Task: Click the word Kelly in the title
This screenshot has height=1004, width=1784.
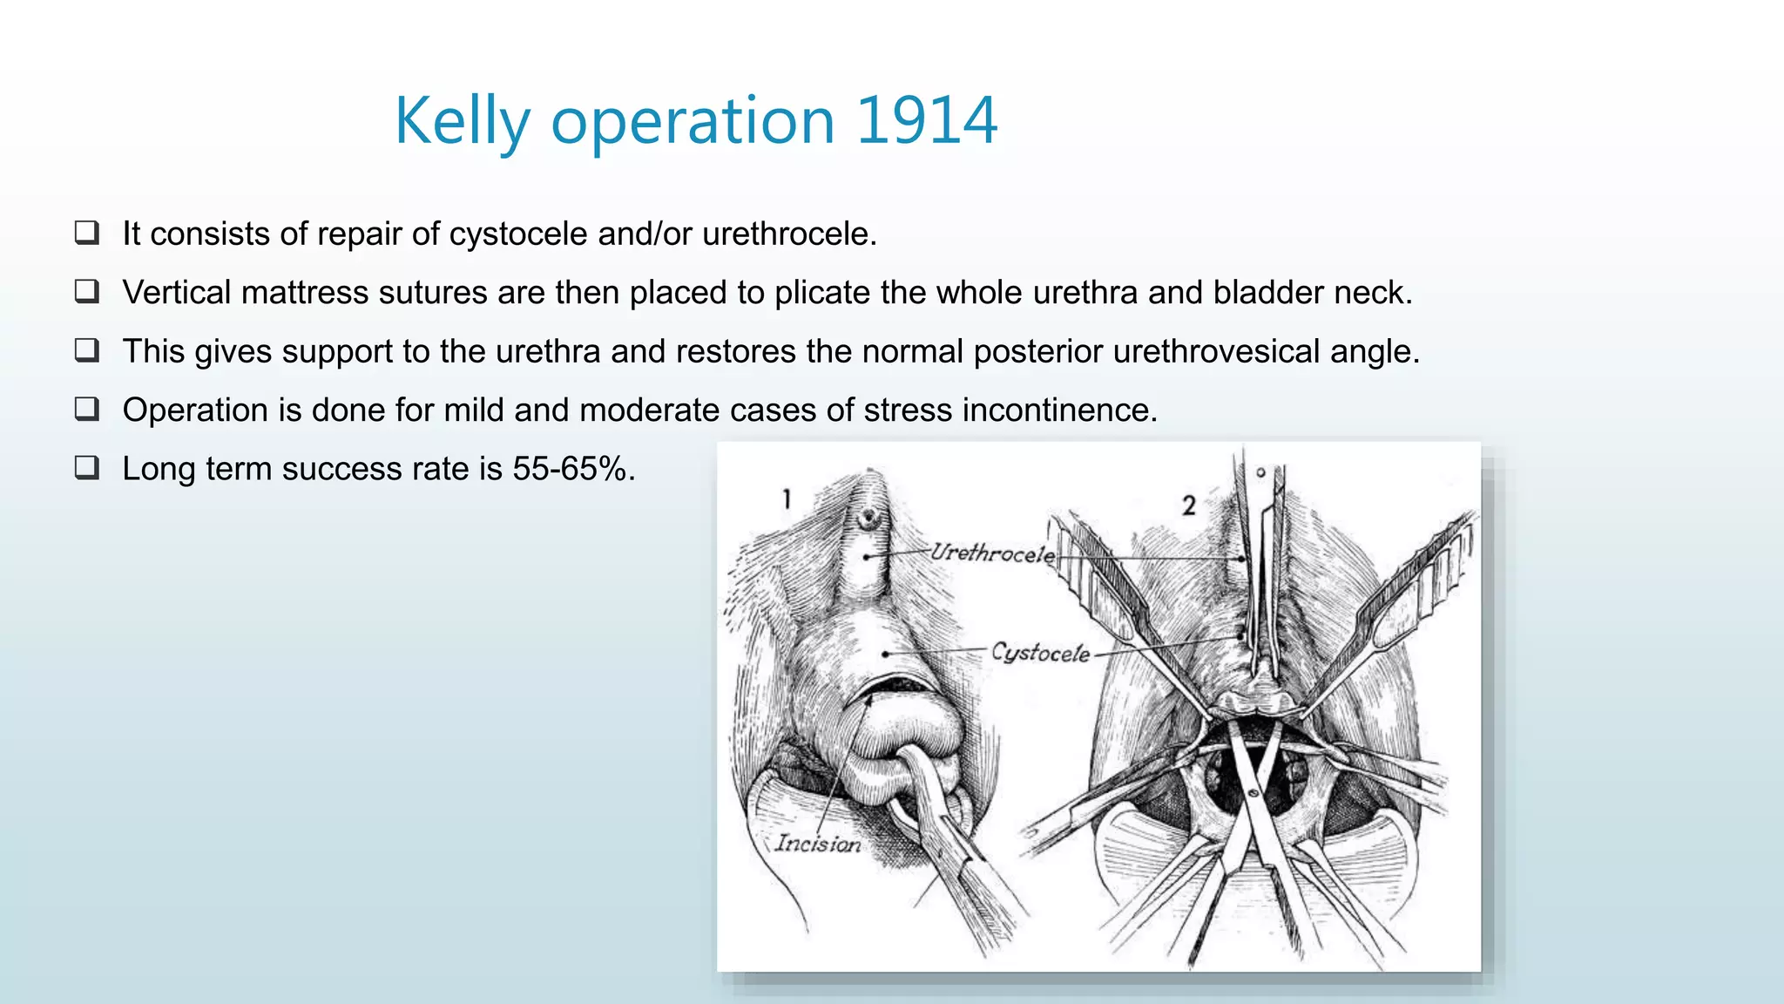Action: coord(462,121)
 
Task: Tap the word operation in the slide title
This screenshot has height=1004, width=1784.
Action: coord(693,121)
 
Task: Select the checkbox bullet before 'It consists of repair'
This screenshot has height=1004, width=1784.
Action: coord(87,233)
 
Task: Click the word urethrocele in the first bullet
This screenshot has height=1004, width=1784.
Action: coord(788,234)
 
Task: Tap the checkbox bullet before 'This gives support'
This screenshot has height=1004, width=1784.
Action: coord(87,350)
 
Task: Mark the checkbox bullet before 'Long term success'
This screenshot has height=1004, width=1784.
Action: coord(87,468)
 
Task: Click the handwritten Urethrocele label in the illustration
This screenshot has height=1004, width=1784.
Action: coord(992,553)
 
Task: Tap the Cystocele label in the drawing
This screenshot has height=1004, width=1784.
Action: coord(1040,653)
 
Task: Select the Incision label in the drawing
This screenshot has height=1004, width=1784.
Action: coord(817,844)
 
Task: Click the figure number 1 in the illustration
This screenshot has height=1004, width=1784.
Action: coord(787,499)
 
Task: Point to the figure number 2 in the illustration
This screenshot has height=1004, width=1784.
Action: coord(1189,505)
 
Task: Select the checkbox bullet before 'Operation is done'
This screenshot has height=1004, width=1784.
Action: coord(87,409)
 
